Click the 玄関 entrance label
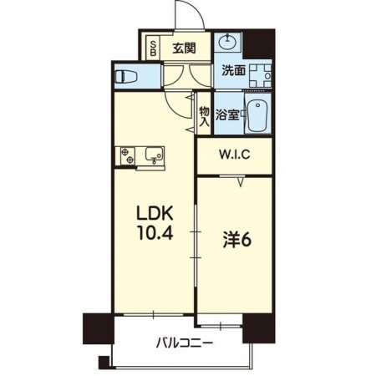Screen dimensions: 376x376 point(184,47)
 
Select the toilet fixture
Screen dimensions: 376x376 point(127,75)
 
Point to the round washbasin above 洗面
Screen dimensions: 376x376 point(227,43)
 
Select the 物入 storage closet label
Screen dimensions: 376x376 point(203,112)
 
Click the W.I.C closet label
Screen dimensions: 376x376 point(235,155)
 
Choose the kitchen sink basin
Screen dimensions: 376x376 point(153,154)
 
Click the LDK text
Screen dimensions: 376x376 point(153,213)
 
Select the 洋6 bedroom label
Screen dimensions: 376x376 point(237,240)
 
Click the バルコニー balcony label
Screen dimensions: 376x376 point(184,343)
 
